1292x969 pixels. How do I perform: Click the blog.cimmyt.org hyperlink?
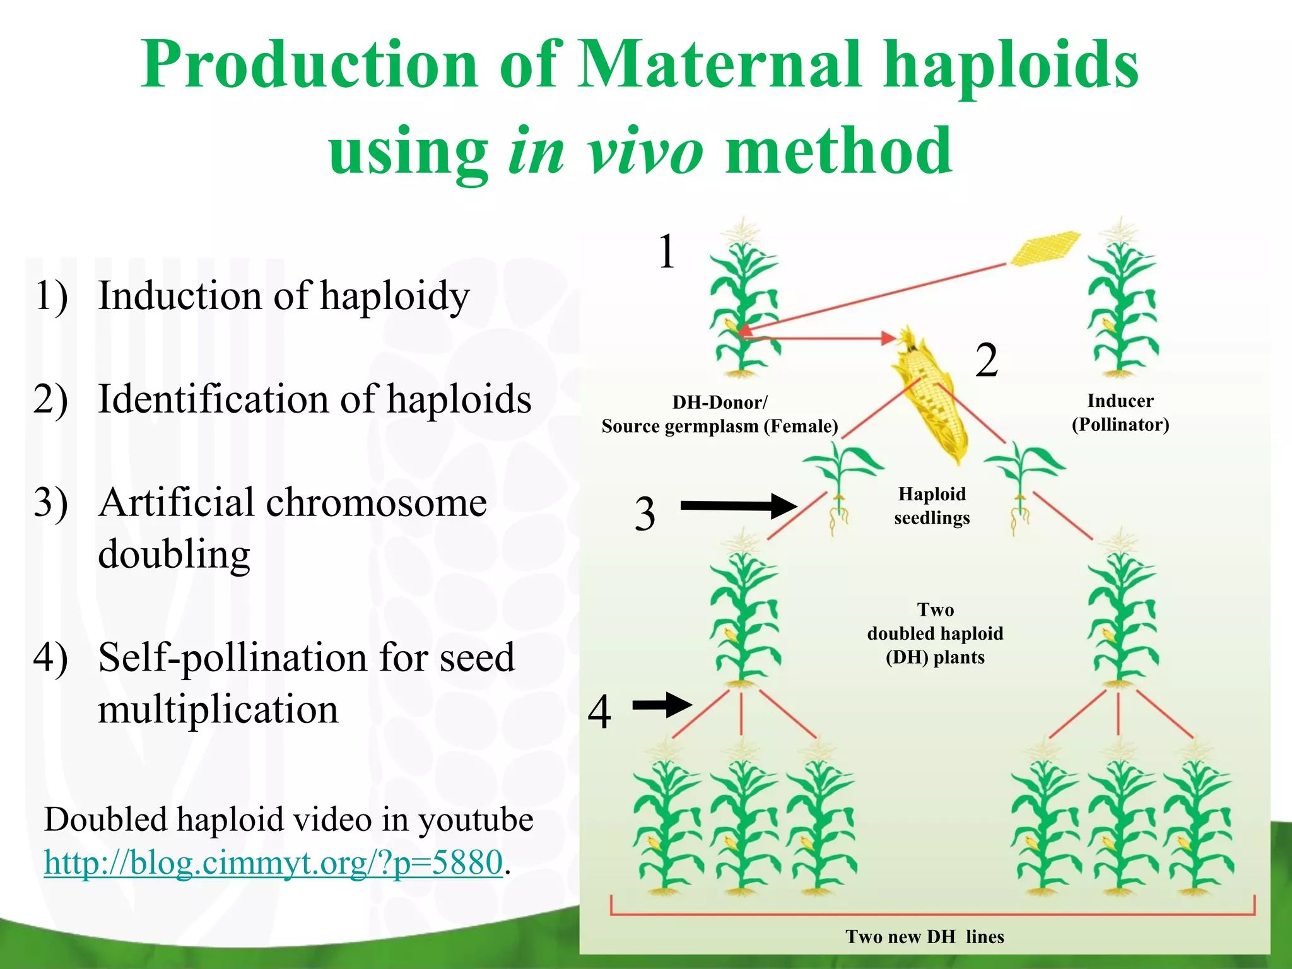tap(273, 862)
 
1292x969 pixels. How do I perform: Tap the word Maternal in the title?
tap(719, 64)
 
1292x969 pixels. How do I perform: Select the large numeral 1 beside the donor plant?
tap(667, 252)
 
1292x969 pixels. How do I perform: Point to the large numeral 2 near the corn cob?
tap(987, 360)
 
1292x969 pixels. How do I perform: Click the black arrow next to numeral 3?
tap(738, 505)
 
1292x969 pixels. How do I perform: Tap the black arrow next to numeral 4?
tap(662, 705)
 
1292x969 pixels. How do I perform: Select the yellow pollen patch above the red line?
tap(1044, 247)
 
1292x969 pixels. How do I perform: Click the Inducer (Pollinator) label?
tap(1120, 413)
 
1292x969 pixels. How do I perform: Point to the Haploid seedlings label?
tap(932, 505)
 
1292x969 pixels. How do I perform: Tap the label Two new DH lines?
tap(924, 936)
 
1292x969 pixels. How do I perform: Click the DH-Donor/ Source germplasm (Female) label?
tap(720, 414)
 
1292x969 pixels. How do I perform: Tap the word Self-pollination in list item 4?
tap(233, 657)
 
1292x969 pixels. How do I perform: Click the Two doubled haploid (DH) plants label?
tap(935, 633)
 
